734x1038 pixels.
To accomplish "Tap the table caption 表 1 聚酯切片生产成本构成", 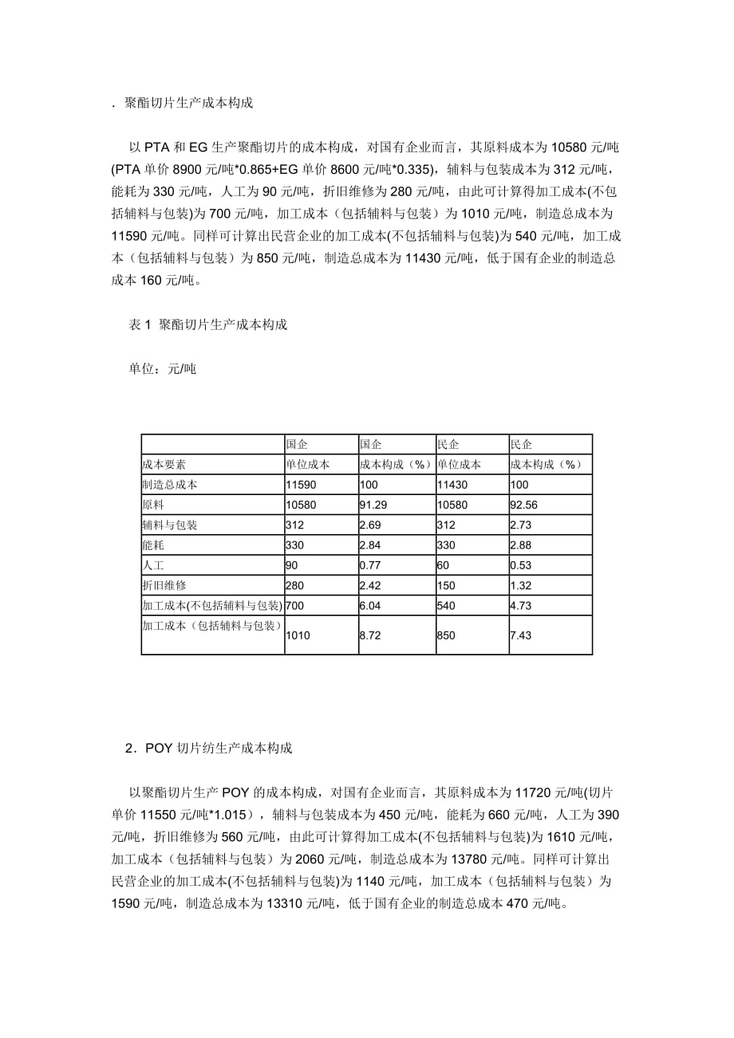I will point(207,324).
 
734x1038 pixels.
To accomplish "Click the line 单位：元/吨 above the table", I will point(162,368).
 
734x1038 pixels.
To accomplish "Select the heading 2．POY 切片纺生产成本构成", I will point(208,749).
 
